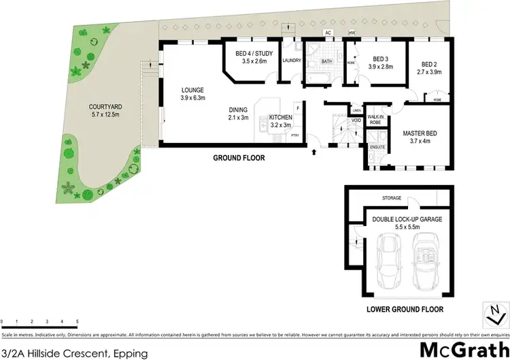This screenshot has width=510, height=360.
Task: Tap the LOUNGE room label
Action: (x=192, y=90)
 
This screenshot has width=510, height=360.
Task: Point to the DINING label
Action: (x=238, y=109)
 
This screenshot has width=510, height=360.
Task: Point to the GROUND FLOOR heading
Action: (x=238, y=158)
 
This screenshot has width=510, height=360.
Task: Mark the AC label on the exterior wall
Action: (x=328, y=33)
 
